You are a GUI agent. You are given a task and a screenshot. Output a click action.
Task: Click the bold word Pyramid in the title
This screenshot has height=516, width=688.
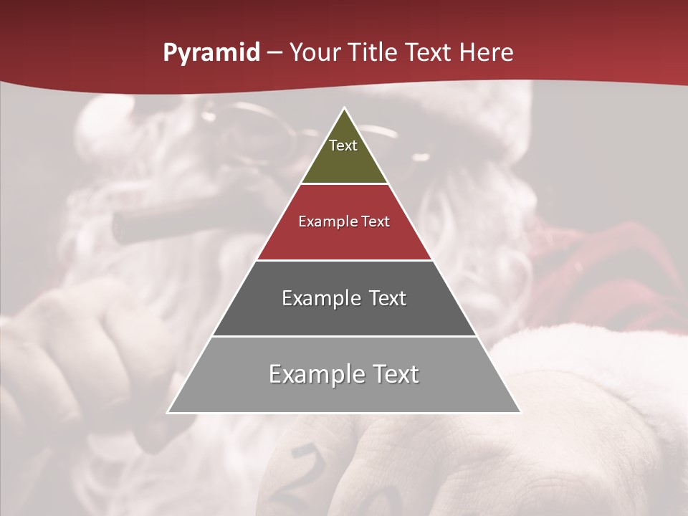(x=211, y=53)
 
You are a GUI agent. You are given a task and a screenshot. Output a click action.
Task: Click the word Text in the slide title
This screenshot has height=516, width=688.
(x=429, y=53)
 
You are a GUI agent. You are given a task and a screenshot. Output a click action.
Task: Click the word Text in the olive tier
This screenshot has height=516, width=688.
(x=343, y=145)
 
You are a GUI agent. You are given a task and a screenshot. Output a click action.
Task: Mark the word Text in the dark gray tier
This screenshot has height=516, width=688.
(x=388, y=298)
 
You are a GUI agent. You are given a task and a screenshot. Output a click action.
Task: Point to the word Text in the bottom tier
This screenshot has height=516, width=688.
(x=395, y=374)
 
